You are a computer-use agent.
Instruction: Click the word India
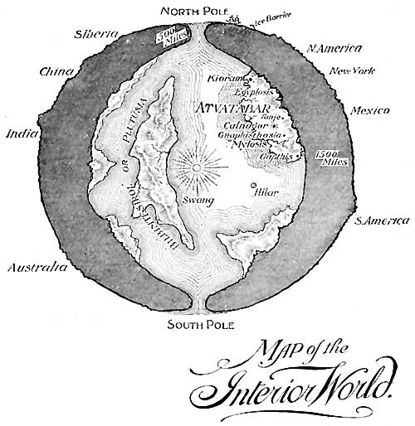[x=21, y=133]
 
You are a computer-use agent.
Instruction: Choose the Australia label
[x=36, y=267]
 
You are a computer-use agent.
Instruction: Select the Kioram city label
[x=225, y=79]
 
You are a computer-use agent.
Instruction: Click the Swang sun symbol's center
[x=197, y=169]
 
